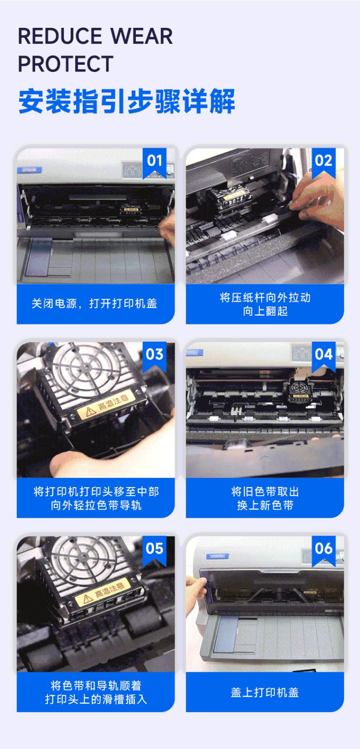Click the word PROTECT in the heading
coord(66,64)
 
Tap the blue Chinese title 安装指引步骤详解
coord(127,101)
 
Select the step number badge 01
coord(155,163)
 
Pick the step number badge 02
coord(324,163)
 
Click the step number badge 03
coord(155,357)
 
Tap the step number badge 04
coord(324,357)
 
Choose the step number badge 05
coord(155,550)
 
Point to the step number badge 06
coord(324,550)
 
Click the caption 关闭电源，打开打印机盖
coord(95,304)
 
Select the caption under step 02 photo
coord(265,304)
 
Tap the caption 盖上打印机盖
coord(264,692)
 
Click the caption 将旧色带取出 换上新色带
coord(265,498)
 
